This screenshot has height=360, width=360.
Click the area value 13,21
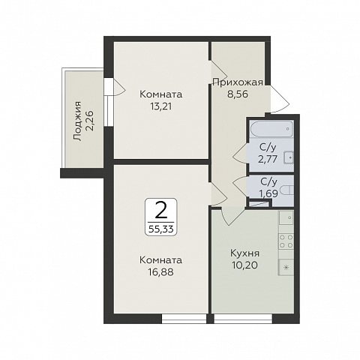(161, 106)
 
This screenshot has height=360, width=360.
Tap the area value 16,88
(161, 272)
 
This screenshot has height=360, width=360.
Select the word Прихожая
(238, 82)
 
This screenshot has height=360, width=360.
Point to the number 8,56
(238, 94)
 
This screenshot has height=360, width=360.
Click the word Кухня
(245, 253)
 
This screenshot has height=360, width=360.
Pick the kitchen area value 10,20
(245, 265)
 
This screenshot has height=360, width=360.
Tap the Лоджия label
(77, 121)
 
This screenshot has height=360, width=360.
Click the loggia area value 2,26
(89, 121)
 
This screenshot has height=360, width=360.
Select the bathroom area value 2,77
(268, 159)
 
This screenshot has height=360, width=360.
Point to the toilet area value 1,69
(268, 193)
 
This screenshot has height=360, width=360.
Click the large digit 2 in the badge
(161, 210)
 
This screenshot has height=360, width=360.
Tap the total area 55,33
(161, 229)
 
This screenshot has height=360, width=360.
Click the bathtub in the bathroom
(271, 129)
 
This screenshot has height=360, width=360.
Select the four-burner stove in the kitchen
(286, 241)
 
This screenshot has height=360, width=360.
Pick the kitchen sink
(286, 217)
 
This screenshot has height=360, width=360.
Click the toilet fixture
(286, 190)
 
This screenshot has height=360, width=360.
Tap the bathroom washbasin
(289, 157)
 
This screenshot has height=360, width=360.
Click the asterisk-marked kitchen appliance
(286, 268)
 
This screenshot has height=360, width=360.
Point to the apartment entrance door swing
(280, 99)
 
